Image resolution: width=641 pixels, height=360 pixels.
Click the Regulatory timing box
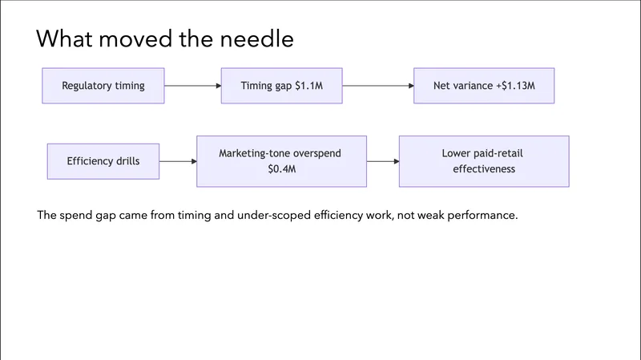[103, 86]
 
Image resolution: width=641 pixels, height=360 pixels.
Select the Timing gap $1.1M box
[282, 86]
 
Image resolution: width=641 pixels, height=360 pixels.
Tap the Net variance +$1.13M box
[484, 86]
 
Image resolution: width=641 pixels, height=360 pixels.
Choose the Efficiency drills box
[103, 161]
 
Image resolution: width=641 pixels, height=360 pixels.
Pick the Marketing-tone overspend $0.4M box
[281, 161]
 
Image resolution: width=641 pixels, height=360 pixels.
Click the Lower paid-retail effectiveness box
[484, 161]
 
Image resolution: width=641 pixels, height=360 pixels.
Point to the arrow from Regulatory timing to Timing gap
[192, 86]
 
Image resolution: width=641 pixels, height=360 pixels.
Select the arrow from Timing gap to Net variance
[377, 86]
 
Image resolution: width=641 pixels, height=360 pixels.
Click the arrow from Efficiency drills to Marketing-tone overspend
[178, 161]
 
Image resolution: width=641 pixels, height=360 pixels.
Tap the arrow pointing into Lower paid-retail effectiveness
[383, 161]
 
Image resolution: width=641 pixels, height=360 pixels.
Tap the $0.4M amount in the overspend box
[281, 169]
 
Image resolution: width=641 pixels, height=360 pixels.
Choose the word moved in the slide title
[131, 38]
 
